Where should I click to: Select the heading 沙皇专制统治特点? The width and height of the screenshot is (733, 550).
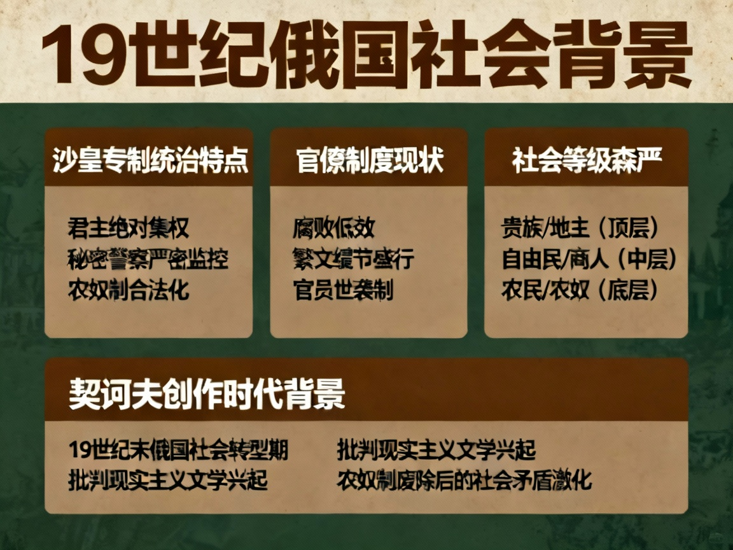tap(150, 162)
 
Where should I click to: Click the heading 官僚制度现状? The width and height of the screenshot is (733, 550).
tap(369, 162)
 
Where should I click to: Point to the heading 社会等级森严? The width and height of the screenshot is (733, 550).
tap(587, 161)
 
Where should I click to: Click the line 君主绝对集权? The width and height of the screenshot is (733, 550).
tap(129, 228)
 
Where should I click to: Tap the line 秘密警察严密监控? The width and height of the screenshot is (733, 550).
tap(148, 259)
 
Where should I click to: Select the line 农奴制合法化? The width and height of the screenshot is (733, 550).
tap(129, 290)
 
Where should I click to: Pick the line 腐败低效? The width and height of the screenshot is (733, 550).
tap(334, 228)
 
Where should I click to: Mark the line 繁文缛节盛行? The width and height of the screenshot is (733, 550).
tap(354, 259)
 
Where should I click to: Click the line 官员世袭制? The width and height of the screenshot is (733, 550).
tap(343, 290)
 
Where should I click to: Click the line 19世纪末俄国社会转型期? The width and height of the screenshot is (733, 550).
tap(179, 450)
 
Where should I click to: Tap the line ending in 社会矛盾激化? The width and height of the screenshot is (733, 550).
tap(465, 480)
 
